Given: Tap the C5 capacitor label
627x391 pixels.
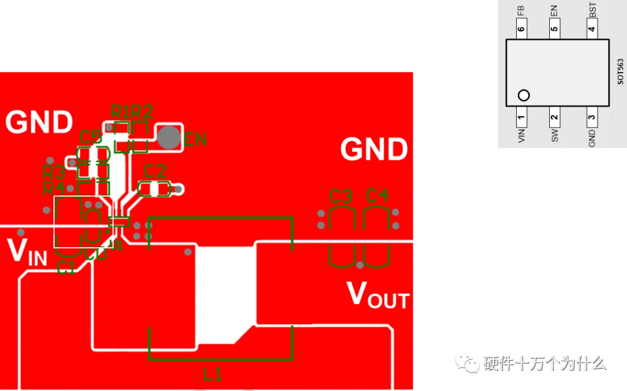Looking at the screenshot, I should (91, 137).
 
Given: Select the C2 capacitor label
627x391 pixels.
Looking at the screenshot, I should (155, 172).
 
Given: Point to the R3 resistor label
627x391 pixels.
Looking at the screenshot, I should (53, 172).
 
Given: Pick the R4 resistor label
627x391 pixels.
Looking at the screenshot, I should (53, 188).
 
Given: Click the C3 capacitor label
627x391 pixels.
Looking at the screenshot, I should (341, 196).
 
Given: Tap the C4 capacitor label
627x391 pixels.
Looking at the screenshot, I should (377, 196).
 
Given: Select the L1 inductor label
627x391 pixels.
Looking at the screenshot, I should (212, 375).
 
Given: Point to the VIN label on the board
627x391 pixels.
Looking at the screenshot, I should (27, 252).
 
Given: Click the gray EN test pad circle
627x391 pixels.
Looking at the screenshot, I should (170, 137).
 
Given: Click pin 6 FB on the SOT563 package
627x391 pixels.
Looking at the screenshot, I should (521, 29).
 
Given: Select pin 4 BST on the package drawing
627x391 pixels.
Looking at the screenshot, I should (592, 29).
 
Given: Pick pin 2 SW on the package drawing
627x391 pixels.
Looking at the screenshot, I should (555, 118).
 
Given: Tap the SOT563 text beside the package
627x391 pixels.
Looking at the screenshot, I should (620, 71).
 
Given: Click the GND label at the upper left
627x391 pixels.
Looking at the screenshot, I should (39, 122).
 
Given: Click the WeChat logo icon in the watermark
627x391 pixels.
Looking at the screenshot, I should (467, 362).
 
